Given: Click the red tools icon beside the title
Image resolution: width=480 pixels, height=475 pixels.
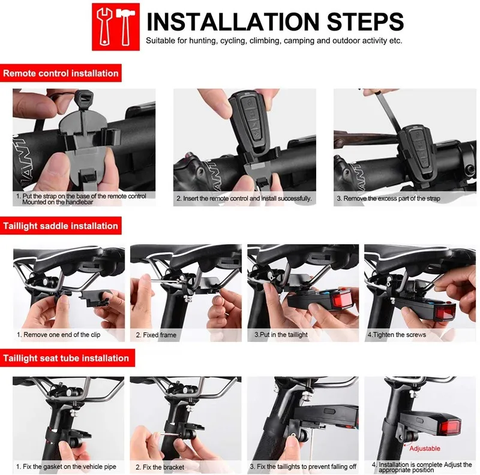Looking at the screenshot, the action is pyautogui.click(x=116, y=27).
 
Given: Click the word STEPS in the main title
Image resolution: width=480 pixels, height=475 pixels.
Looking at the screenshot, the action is pyautogui.click(x=365, y=22).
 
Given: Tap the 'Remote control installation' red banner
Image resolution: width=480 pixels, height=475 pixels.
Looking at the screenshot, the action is pyautogui.click(x=61, y=73).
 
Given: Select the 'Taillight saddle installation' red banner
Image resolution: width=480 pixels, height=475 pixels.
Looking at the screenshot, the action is pyautogui.click(x=61, y=226).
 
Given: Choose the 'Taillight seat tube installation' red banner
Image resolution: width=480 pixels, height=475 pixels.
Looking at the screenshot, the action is pyautogui.click(x=67, y=358).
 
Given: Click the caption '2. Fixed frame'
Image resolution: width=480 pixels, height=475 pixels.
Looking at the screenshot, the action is pyautogui.click(x=156, y=335).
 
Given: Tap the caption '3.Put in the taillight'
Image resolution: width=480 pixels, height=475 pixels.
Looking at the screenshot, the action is pyautogui.click(x=281, y=335).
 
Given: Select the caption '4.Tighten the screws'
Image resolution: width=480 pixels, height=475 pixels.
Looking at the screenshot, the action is pyautogui.click(x=397, y=335).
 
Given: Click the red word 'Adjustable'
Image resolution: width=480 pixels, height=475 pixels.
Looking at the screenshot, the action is pyautogui.click(x=425, y=449).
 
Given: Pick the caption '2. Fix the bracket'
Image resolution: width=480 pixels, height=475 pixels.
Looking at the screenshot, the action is pyautogui.click(x=160, y=467).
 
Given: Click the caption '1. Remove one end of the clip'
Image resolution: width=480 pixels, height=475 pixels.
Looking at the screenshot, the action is pyautogui.click(x=58, y=335).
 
